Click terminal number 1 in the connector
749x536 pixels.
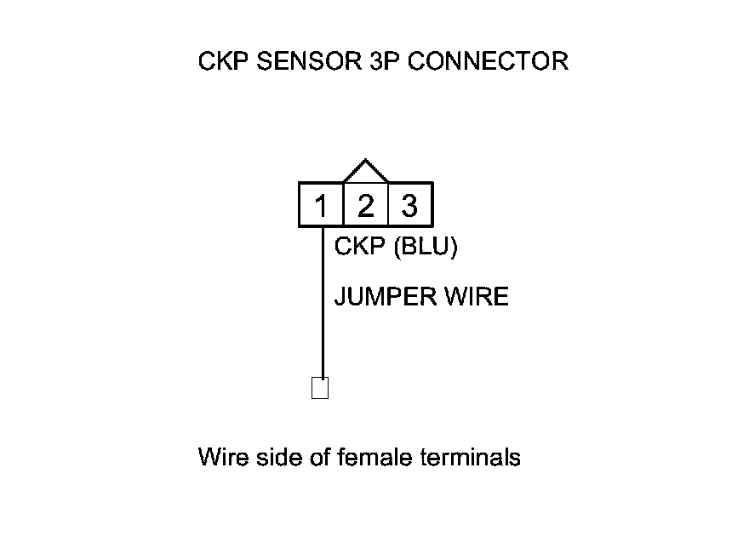[x=321, y=206]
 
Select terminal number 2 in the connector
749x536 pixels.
[x=365, y=206]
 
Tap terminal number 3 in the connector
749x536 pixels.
[x=409, y=206]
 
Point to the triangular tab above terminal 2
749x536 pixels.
[x=365, y=171]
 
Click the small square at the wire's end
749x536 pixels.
[x=320, y=388]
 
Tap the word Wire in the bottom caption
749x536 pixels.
[x=220, y=458]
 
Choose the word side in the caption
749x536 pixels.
[x=275, y=458]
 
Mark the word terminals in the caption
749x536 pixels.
[x=471, y=458]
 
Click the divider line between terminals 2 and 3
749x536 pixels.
[x=387, y=206]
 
